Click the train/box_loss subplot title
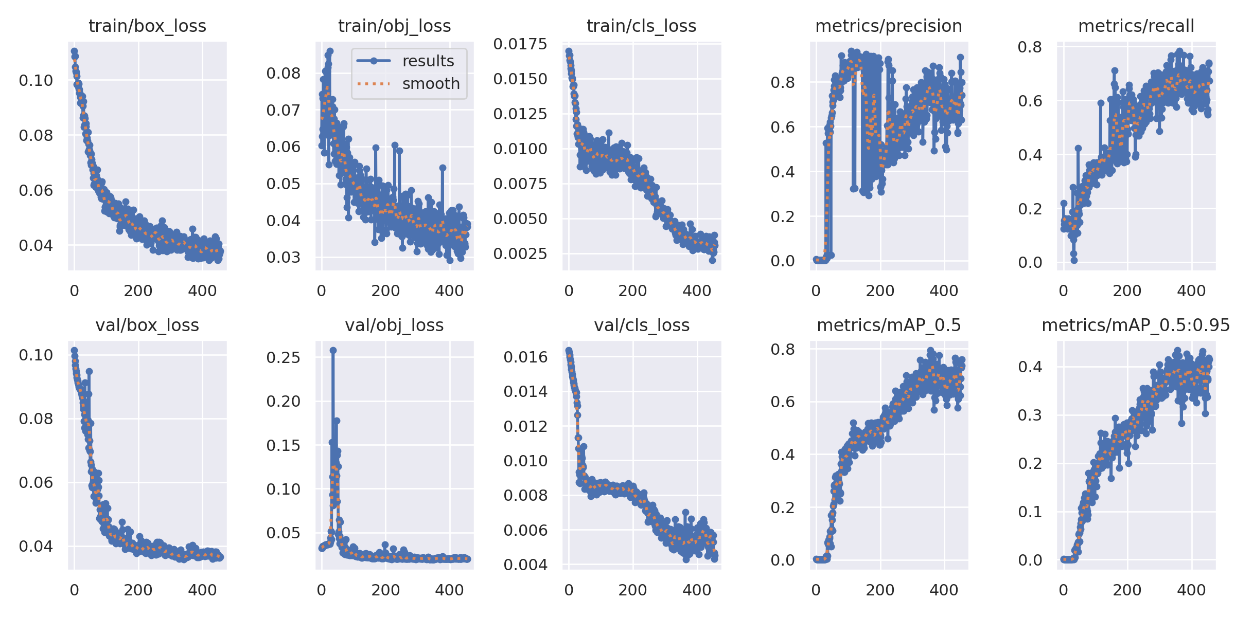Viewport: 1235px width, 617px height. tap(147, 26)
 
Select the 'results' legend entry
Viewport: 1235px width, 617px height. tap(428, 61)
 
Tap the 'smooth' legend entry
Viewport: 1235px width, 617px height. tap(431, 83)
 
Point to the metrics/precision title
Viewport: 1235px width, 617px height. tap(889, 26)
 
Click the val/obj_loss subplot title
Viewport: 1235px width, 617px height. tap(394, 325)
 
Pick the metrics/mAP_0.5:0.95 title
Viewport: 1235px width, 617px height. tap(1136, 325)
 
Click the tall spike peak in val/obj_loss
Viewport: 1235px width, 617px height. tap(333, 350)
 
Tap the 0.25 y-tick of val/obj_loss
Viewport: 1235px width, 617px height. tap(283, 357)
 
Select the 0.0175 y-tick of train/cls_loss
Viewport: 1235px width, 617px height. tap(520, 44)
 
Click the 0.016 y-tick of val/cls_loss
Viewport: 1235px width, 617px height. tap(525, 357)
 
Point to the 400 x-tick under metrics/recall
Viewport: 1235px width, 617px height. tap(1191, 291)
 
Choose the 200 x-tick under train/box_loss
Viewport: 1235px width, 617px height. tap(138, 291)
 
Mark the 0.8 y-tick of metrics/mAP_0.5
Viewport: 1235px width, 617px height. tap(782, 350)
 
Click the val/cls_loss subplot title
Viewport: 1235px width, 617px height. tap(642, 325)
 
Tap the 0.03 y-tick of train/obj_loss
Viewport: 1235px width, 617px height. tap(283, 257)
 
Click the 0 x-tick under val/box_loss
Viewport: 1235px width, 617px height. tap(74, 590)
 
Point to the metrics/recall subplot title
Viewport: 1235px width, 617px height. tap(1136, 26)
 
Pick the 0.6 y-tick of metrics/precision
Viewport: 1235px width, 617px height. tap(782, 127)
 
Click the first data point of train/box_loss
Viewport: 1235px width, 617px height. tap(74, 51)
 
